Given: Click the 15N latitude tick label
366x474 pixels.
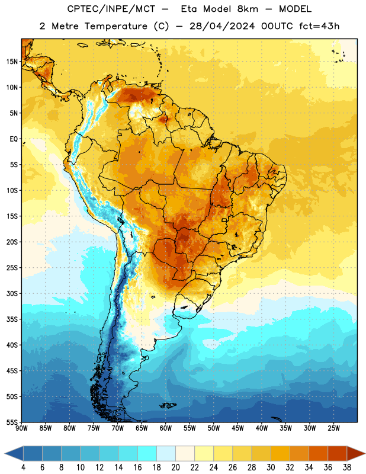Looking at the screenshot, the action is pos(12,62).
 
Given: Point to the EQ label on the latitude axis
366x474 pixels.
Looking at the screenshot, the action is pos(14,139).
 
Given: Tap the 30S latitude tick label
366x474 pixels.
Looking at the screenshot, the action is pos(12,293).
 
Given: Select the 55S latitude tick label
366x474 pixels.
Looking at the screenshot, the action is pos(12,422).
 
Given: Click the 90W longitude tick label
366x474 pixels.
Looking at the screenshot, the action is pos(21,428).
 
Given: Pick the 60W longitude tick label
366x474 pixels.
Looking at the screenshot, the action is pos(166,428).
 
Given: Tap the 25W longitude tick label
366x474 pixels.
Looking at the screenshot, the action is pos(333,428).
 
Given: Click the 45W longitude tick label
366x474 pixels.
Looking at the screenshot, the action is pos(237,428).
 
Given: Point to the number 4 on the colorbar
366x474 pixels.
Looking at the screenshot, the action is pos(23,467).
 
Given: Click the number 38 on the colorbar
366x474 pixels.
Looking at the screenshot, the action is pos(346,467).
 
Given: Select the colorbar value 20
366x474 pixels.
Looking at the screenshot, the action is pos(175,467).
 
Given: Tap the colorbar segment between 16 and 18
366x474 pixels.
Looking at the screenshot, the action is pos(147,453).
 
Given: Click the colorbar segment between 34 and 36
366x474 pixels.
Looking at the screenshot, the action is pos(318,453).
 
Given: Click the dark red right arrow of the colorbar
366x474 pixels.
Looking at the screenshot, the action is pos(356,453).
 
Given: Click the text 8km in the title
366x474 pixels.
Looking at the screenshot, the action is pos(248,9).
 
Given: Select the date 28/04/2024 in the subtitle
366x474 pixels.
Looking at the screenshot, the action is pos(222,26).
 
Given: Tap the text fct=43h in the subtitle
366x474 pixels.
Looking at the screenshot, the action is pos(319,26).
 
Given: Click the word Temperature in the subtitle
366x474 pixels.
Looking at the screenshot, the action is pos(115,26).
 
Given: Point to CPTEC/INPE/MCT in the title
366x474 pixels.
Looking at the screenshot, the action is pos(111,9).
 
